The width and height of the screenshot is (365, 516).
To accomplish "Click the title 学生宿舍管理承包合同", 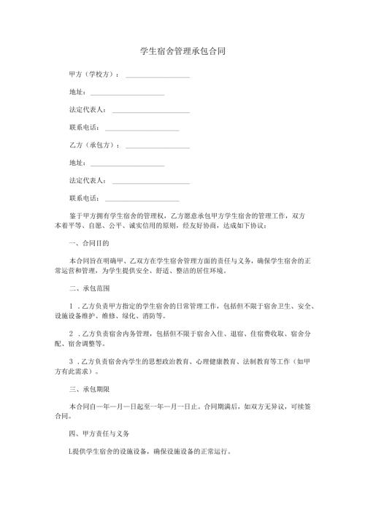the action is [182, 53].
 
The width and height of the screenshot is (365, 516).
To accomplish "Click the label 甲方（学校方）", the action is [93, 75].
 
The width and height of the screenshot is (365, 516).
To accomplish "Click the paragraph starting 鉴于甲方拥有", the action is [182, 220].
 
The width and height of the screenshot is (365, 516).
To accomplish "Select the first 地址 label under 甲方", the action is [77, 93].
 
